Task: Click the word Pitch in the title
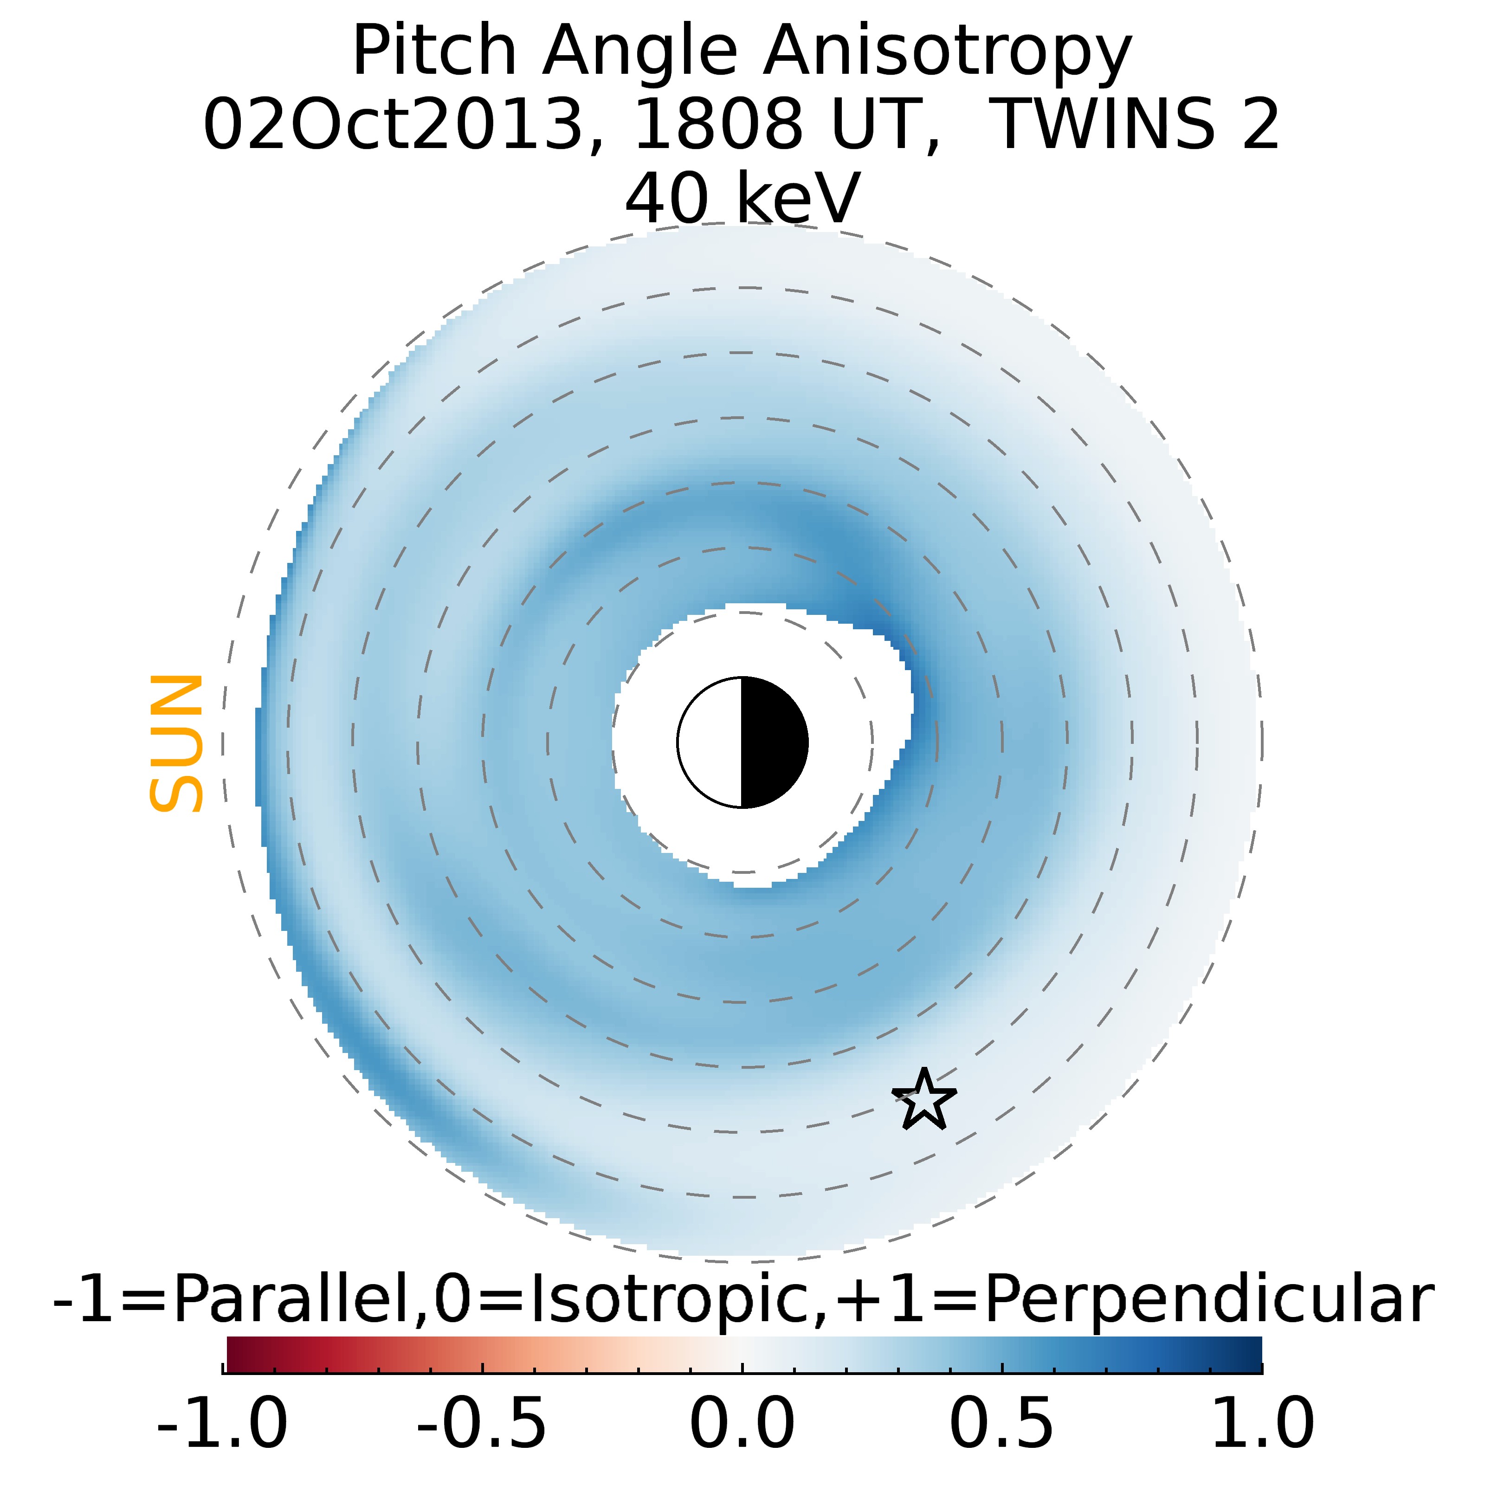[x=434, y=52]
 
